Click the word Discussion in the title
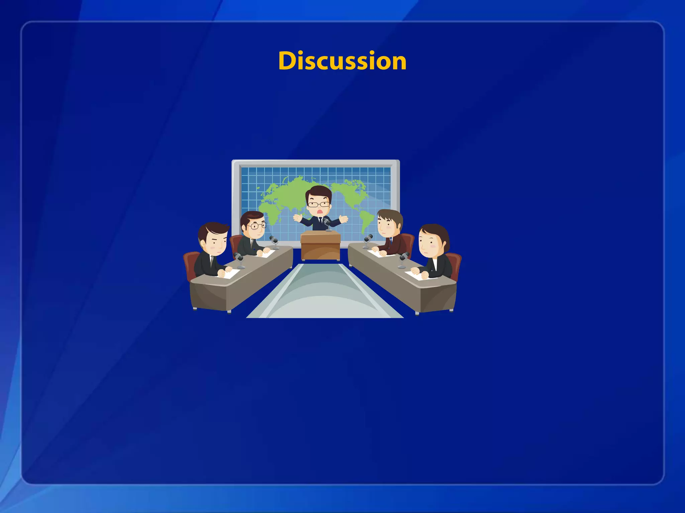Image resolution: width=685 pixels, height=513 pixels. click(342, 61)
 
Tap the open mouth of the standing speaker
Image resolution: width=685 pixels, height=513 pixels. click(320, 212)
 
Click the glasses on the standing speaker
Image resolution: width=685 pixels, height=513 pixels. click(319, 204)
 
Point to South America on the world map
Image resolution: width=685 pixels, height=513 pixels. click(366, 219)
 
